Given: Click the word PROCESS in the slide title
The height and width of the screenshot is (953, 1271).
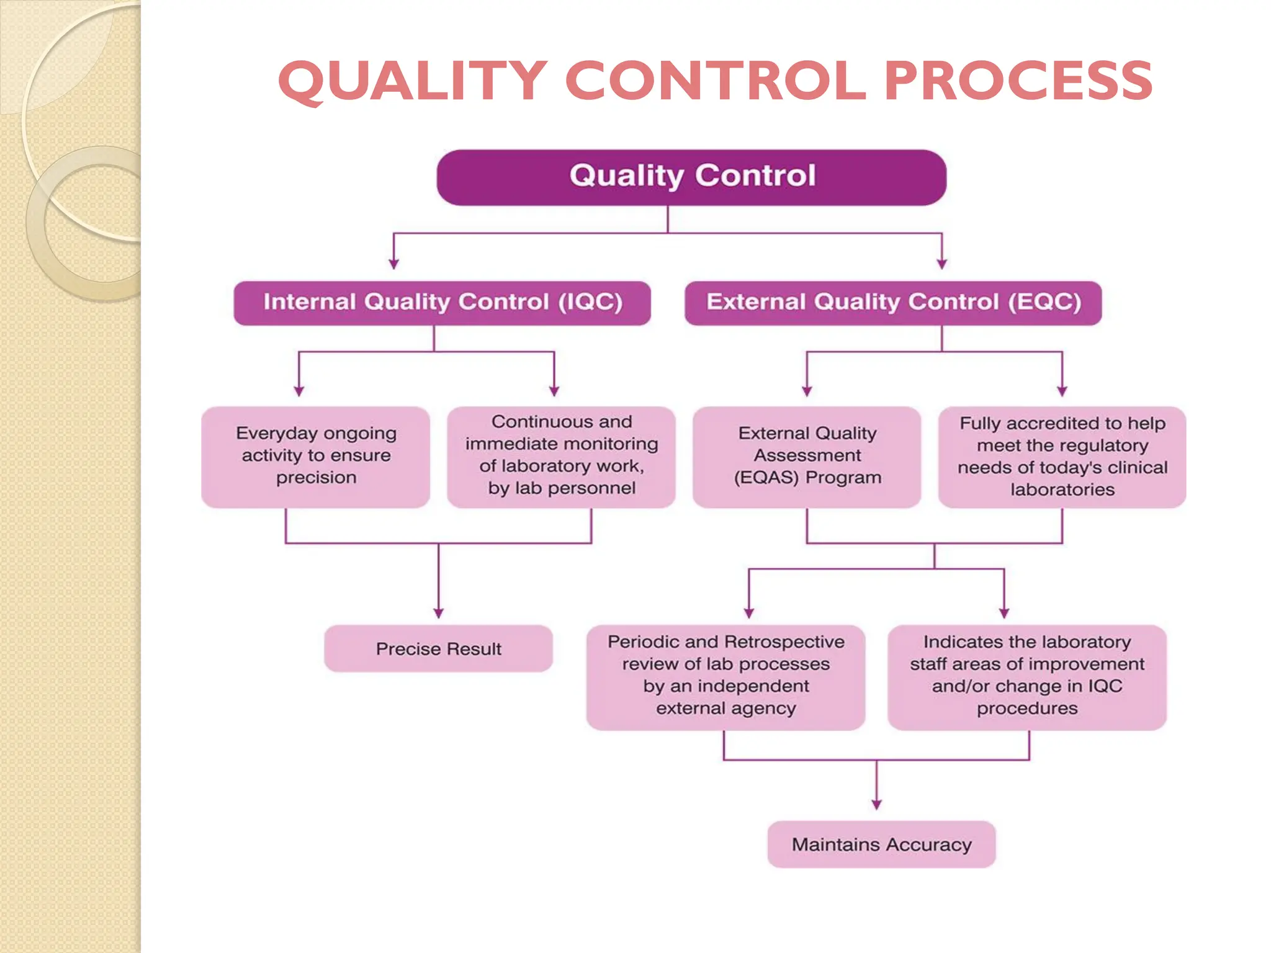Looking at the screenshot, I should point(1018,81).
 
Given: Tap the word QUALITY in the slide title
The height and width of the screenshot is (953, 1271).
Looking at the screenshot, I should point(413,82).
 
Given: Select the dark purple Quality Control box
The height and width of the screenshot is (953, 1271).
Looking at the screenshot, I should point(691,177).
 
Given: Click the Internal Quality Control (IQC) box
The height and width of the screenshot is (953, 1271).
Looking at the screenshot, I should point(442,303).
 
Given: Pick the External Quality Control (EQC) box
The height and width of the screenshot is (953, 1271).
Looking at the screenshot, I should point(892,303).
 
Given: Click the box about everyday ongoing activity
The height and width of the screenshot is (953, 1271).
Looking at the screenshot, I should point(315,457).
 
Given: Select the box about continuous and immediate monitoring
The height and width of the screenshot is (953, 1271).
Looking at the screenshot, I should point(561,457).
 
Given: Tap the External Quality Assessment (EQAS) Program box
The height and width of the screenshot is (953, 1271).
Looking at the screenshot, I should point(807,457).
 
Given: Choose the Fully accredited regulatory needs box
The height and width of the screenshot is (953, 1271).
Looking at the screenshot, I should point(1062,457).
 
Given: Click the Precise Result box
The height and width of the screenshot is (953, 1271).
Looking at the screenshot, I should point(438,648).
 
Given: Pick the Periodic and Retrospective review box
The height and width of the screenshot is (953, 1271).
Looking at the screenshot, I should point(725,677).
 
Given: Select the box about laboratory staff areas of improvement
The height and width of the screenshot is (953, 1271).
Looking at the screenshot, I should point(1026,677).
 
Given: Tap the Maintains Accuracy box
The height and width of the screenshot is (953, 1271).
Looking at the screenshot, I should point(881,844).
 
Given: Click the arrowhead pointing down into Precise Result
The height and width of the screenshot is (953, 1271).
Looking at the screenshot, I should point(438,613).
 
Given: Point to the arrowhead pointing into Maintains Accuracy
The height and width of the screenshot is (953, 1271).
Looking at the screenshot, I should point(876,805).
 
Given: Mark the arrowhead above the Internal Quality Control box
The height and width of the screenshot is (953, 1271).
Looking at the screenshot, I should point(393,264).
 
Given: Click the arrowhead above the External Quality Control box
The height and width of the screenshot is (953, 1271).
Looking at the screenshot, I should point(941,264).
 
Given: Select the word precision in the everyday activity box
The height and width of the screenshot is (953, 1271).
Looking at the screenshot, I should point(316,478).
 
